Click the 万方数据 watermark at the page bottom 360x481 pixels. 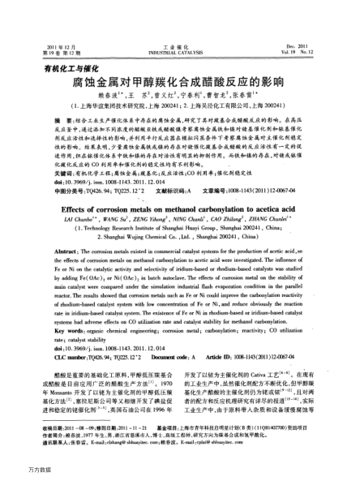point(16,470)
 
